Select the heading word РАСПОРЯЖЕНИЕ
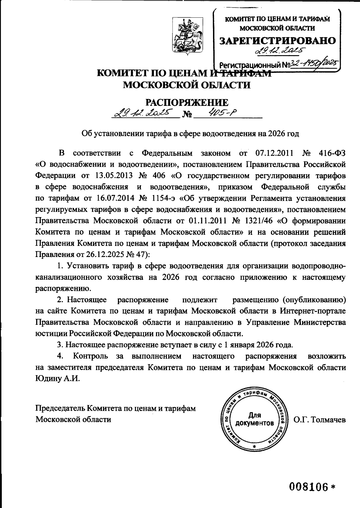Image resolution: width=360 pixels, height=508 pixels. click(x=187, y=103)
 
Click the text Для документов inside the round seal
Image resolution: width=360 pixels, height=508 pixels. click(x=254, y=419)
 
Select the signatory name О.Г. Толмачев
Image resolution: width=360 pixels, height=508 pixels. click(x=319, y=420)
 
